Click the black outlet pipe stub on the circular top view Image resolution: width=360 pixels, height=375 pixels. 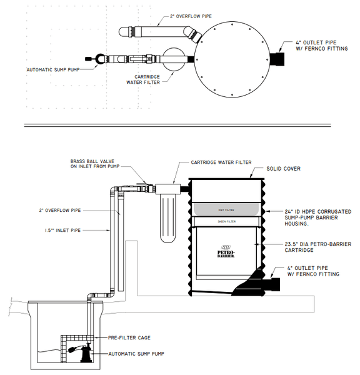pos(277,58)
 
